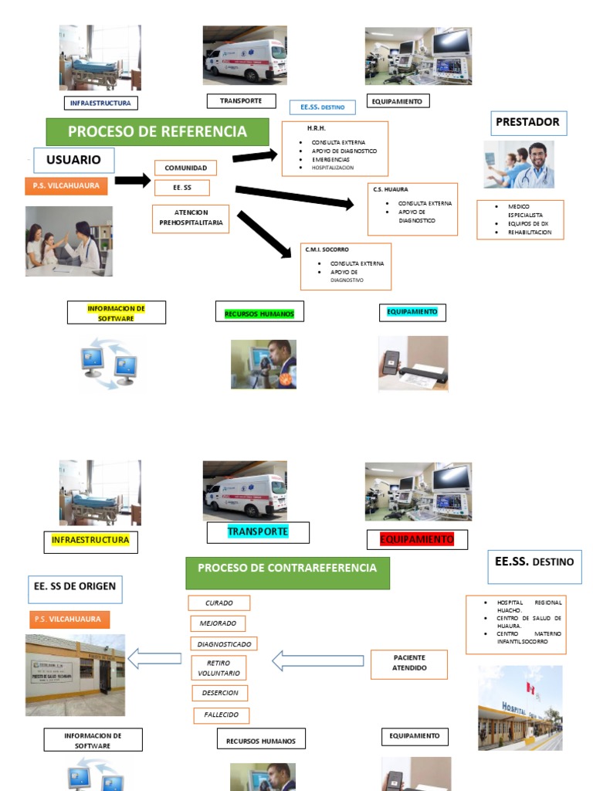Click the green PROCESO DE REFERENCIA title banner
[x=158, y=131]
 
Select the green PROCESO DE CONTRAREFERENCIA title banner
[x=287, y=569]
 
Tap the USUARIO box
[x=74, y=160]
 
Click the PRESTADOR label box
[x=527, y=122]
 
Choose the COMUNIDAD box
[x=185, y=168]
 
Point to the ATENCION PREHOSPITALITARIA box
[x=191, y=218]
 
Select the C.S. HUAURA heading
[x=391, y=189]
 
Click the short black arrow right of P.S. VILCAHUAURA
[x=132, y=181]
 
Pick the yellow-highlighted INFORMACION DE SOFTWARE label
[x=116, y=313]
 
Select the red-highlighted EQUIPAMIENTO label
[x=417, y=538]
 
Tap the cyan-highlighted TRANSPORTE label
[x=258, y=532]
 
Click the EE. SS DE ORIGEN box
[x=74, y=586]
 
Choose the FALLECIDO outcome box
[x=222, y=715]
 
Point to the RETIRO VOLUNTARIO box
[x=219, y=668]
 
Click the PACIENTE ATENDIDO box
[x=409, y=663]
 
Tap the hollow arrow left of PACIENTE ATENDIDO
[x=317, y=660]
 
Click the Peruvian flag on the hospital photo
[x=530, y=687]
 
